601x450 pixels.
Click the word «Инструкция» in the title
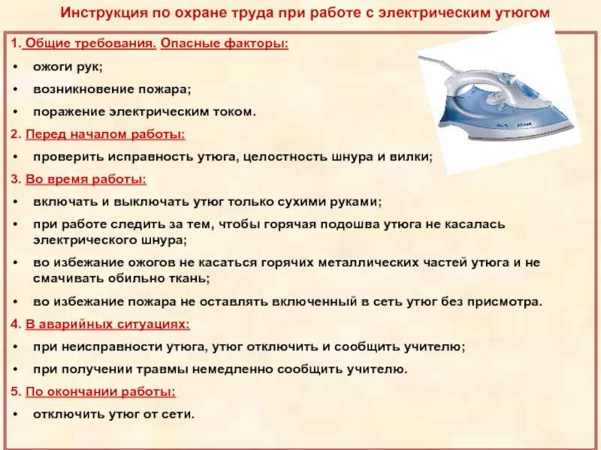pos(104,13)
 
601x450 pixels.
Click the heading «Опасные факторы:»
pos(224,43)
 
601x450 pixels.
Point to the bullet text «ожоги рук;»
pos(68,67)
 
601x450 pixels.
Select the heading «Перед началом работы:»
pos(105,134)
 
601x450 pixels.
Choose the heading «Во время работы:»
pos(86,179)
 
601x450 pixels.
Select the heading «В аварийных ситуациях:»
pos(107,325)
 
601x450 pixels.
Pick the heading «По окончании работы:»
pos(101,391)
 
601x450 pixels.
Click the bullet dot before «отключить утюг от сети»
pos(15,415)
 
